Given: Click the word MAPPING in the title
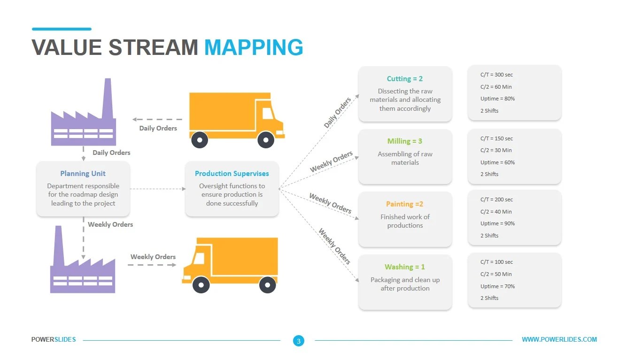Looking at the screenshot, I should coord(254,47).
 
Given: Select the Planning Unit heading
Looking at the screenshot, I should coord(83,173).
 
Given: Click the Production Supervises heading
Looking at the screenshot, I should coord(232,173).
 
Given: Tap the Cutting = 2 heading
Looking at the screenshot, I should coord(404,79).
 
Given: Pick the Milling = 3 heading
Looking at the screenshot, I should coord(404,141).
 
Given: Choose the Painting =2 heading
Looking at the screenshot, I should coord(404,204).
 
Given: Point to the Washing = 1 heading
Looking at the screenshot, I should coord(404,267).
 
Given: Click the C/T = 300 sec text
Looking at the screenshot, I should coord(496,75).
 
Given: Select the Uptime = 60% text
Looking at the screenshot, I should coord(497,162).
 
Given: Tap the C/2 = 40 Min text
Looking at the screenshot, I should coord(496,212).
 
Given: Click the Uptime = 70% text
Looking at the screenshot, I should coord(497,286).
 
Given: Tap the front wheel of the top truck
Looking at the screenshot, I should coord(266,139).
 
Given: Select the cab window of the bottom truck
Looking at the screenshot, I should coord(199,259).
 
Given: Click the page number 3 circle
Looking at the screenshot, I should coord(299,341).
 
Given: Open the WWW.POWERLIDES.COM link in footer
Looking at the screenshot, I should coord(559,339).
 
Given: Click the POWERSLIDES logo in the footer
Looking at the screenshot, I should coord(54,339).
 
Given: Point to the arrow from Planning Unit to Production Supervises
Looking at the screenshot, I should coord(157,189).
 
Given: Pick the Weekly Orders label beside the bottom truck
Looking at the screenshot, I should coord(153,257).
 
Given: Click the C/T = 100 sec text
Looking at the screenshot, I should coord(496,262).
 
